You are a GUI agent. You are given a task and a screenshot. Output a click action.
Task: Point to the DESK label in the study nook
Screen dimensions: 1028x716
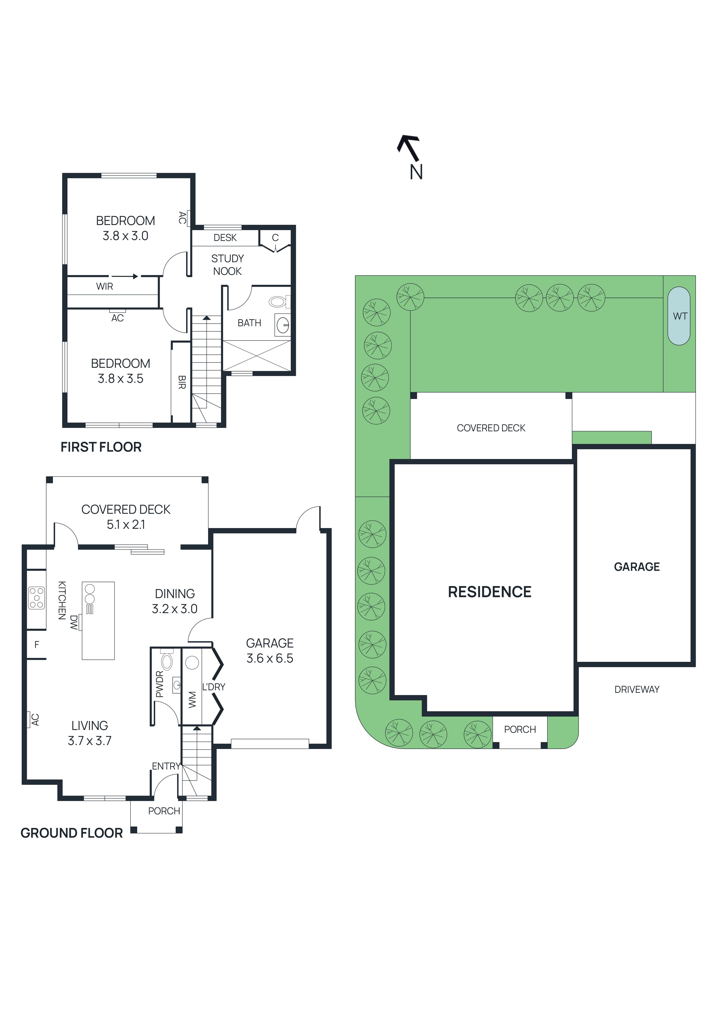[225, 238]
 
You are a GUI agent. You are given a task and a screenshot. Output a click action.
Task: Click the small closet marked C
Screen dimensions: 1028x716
[275, 238]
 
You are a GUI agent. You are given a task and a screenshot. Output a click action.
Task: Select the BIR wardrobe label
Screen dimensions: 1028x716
[181, 382]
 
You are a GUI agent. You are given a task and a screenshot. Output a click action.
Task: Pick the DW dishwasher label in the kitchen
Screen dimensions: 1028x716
[74, 622]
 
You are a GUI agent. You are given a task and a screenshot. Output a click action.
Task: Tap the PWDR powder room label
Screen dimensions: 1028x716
[159, 684]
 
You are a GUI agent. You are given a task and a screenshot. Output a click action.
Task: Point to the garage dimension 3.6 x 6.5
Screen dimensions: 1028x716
[270, 658]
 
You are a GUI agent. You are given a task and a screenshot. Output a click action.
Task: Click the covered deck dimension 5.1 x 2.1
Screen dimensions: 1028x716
[126, 524]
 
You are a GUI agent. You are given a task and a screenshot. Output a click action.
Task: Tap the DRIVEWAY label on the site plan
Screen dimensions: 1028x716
[636, 690]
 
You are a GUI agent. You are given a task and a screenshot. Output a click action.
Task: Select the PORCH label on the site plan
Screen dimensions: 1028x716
[519, 729]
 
